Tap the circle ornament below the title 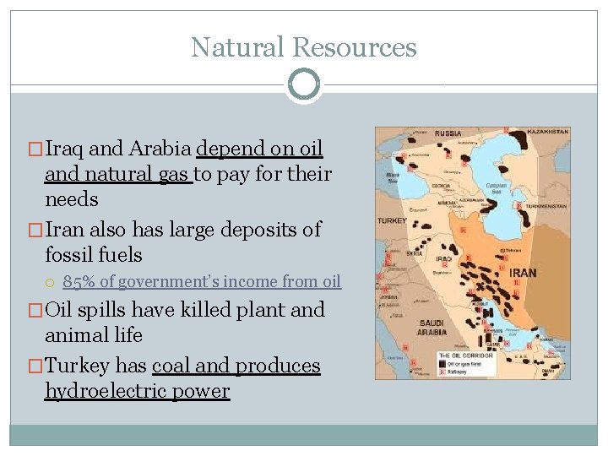point(303,84)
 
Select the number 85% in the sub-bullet point(79,281)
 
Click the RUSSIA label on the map point(448,133)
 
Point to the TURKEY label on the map point(392,221)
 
